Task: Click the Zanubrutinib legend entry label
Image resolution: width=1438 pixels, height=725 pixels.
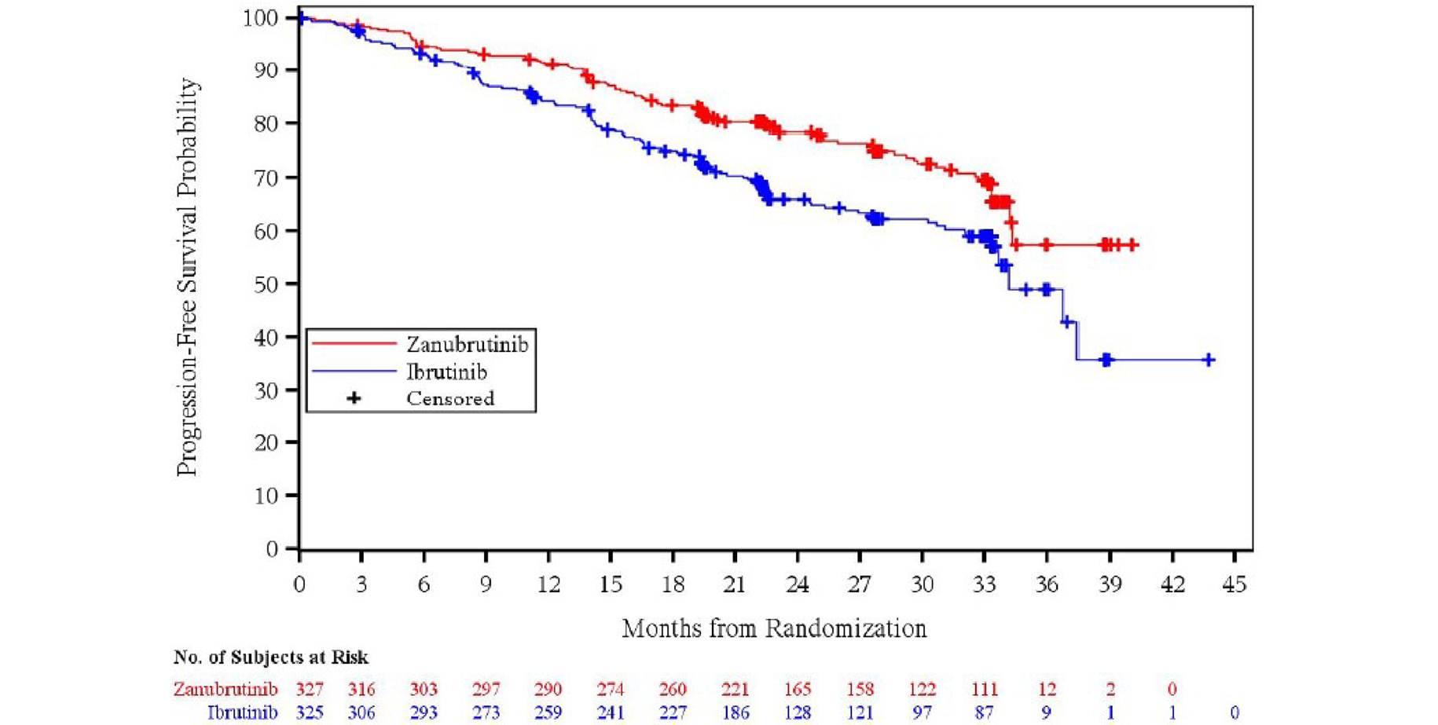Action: pos(467,344)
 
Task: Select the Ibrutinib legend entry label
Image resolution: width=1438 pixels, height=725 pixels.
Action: pos(446,372)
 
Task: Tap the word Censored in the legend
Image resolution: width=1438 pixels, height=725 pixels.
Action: pos(450,398)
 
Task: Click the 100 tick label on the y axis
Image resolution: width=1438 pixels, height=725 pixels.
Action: pos(260,17)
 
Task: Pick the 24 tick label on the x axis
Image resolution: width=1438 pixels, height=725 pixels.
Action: pos(797,584)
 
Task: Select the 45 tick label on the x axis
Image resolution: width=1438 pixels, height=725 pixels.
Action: pos(1234,584)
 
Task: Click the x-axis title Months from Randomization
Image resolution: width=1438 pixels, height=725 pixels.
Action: pos(774,628)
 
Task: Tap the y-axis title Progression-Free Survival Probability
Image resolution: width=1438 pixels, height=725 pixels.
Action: pos(187,276)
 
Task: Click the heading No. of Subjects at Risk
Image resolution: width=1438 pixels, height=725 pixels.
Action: pos(270,657)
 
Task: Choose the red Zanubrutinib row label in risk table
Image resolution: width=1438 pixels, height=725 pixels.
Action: pos(226,690)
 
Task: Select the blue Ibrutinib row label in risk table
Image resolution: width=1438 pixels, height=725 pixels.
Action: pos(242,712)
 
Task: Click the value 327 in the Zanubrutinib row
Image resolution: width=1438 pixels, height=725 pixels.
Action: pos(310,690)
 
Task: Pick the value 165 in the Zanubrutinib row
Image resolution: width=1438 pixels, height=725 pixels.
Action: pos(798,690)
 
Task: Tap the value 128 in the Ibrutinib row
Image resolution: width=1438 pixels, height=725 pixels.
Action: pos(798,712)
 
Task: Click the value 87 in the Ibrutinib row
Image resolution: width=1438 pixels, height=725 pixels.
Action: pos(984,712)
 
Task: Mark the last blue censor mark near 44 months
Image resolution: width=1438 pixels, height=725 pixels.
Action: pos(1209,360)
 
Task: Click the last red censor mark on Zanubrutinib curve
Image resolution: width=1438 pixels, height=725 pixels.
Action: pos(1132,245)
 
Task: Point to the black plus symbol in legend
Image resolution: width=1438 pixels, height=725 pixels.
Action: pos(354,398)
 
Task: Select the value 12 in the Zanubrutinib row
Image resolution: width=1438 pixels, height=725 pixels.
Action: pos(1047,690)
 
